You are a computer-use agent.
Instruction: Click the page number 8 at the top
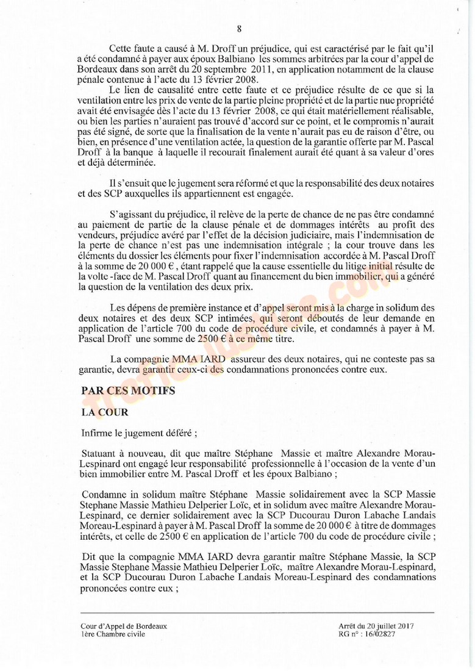coord(239,28)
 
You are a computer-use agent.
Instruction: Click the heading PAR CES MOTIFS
coord(128,390)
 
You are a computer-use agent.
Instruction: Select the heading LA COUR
coord(104,412)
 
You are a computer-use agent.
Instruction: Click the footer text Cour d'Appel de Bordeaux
coord(123,626)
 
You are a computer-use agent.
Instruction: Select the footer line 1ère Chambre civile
coord(113,634)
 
